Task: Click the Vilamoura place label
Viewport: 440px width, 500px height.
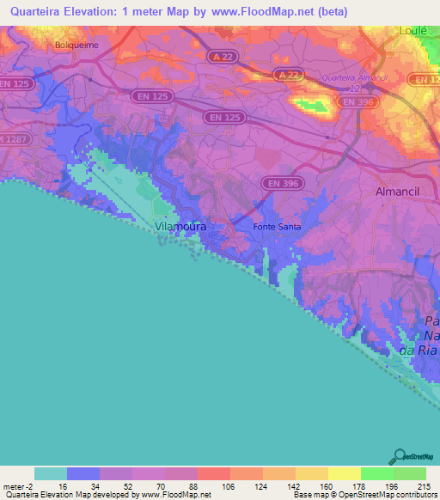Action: tap(180, 227)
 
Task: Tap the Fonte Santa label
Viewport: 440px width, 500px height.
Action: tap(278, 227)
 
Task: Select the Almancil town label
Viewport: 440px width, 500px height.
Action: tap(402, 192)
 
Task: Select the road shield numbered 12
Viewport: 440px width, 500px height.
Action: tap(354, 88)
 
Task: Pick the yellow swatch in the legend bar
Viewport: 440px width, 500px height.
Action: tap(344, 473)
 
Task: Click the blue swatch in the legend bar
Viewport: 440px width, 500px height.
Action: tap(83, 473)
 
